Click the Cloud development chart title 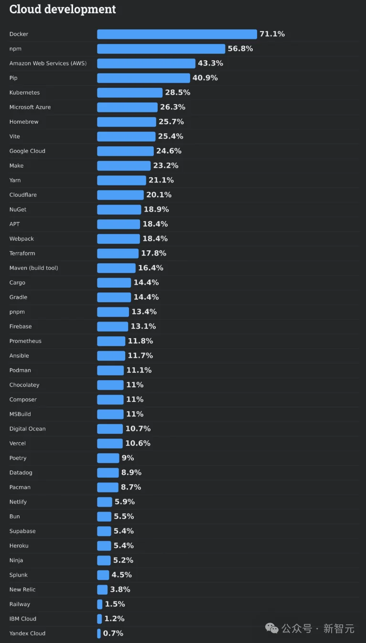[x=63, y=9]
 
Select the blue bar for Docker [x=177, y=34]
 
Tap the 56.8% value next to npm [x=240, y=49]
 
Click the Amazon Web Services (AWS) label [x=48, y=64]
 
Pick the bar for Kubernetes [x=129, y=93]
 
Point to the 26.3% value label [x=172, y=107]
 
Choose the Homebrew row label [x=24, y=122]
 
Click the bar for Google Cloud [x=125, y=151]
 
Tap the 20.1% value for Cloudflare [x=159, y=195]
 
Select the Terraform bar [x=118, y=253]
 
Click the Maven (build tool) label [x=33, y=268]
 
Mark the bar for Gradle [x=114, y=297]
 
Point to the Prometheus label [x=25, y=341]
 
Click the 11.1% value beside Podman [x=139, y=370]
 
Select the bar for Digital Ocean [x=110, y=429]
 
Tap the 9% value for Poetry [x=128, y=458]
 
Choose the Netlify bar [x=104, y=502]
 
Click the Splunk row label [x=19, y=575]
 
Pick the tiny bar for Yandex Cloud [x=99, y=633]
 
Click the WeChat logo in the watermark [x=272, y=628]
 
